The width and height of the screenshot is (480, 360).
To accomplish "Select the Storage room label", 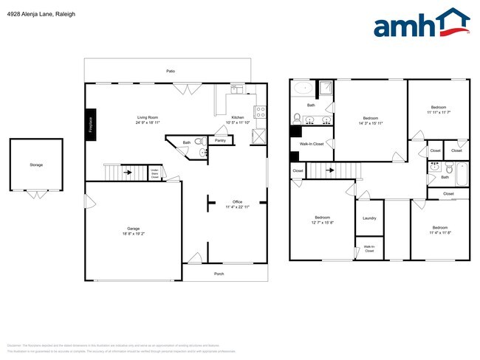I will [x=36, y=165].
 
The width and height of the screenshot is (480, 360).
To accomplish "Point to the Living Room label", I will [x=147, y=117].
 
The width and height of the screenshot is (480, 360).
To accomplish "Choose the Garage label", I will [x=134, y=229].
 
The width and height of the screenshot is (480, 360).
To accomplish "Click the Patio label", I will [x=170, y=71].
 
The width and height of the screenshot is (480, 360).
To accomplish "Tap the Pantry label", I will [x=220, y=139].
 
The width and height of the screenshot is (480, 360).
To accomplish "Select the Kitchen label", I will [x=238, y=117].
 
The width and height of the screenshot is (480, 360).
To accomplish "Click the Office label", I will [x=238, y=201].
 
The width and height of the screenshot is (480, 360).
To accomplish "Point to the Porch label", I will [x=219, y=273].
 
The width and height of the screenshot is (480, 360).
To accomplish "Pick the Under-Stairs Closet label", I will [x=155, y=174].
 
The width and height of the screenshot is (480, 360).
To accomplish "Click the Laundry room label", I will [x=369, y=218].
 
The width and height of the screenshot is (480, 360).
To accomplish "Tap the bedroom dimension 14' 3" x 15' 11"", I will [x=370, y=123].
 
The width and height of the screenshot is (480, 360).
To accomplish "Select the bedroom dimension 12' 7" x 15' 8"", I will [x=323, y=222].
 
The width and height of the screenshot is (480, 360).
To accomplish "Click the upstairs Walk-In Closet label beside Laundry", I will [x=369, y=249].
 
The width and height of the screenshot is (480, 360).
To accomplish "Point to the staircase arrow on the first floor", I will [x=128, y=173].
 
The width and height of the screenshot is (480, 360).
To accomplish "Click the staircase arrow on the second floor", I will [x=332, y=170].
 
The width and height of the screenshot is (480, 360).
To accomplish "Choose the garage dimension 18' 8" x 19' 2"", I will [x=134, y=233].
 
